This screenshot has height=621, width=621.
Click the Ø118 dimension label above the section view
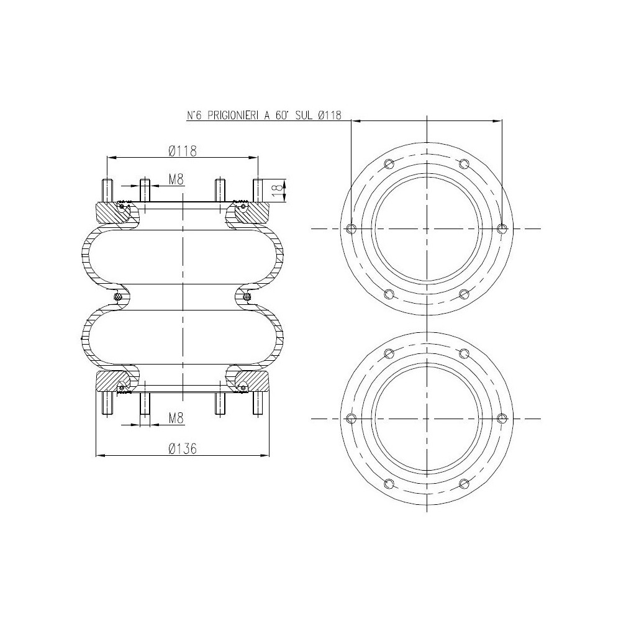click(x=183, y=150)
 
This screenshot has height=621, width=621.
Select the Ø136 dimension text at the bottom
click(x=183, y=448)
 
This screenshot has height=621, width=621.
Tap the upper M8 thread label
click(x=176, y=180)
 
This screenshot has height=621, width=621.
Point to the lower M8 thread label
click(x=176, y=419)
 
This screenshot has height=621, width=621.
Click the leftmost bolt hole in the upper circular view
click(x=351, y=229)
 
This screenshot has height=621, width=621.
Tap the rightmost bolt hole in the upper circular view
click(x=502, y=229)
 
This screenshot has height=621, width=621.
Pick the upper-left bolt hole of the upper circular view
click(x=389, y=164)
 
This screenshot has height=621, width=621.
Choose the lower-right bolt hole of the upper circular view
click(x=464, y=294)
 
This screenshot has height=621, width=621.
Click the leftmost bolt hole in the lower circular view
click(x=351, y=417)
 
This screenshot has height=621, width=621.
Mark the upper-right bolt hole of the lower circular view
click(x=464, y=353)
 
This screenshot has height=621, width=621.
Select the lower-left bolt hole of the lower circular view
click(x=389, y=483)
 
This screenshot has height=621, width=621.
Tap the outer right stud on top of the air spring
click(x=258, y=190)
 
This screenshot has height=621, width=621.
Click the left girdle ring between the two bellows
click(x=117, y=299)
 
